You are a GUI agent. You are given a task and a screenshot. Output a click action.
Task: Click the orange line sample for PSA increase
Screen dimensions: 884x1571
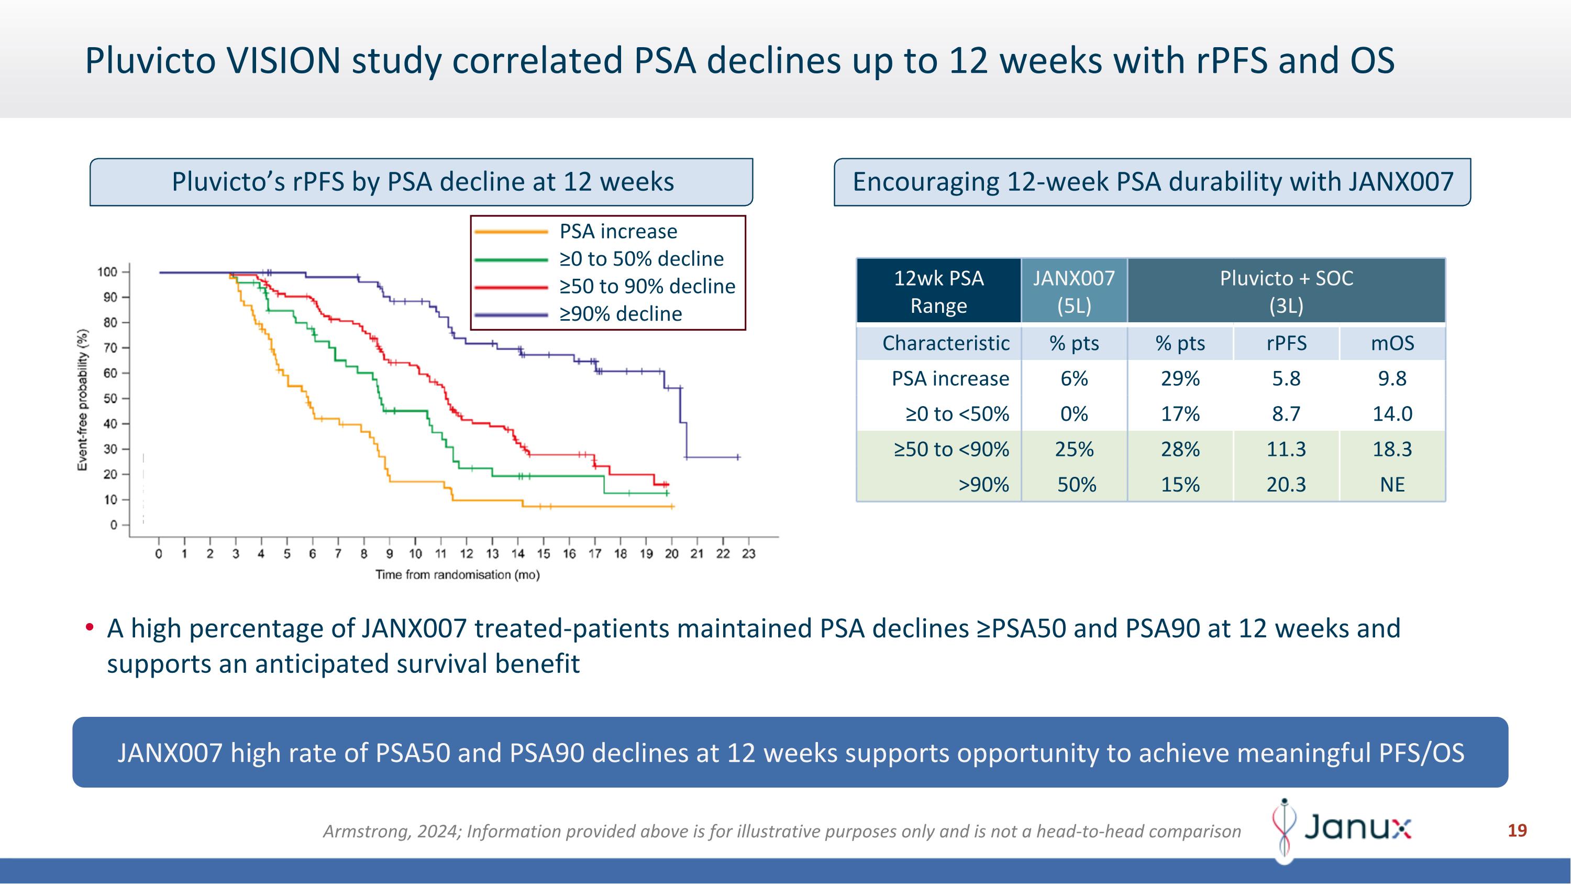coord(511,232)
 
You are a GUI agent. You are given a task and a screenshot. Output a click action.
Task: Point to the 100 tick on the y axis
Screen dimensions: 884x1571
coord(107,272)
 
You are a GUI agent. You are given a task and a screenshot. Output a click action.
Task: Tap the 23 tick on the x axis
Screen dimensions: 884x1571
coord(748,553)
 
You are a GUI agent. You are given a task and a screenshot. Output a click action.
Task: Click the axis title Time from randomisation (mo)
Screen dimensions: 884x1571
coord(457,575)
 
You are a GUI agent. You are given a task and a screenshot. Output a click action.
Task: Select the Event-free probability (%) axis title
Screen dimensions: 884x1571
coord(82,400)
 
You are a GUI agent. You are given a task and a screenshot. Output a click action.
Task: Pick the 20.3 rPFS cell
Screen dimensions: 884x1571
coord(1286,484)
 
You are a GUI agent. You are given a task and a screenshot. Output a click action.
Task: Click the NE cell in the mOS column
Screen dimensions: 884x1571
coord(1392,484)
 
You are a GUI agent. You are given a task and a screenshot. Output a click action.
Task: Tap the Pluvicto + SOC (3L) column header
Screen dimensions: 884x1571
coord(1286,291)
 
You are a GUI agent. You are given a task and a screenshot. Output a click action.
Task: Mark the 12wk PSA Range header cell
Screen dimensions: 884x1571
coord(938,291)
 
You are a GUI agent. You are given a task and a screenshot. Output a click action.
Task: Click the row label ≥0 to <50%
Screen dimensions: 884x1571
coord(957,413)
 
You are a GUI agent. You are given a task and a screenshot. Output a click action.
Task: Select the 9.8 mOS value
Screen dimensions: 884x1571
coord(1392,378)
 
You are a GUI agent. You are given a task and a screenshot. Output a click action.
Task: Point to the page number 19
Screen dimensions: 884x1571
coord(1517,831)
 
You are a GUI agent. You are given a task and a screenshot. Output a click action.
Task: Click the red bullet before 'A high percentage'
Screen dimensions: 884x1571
coord(90,627)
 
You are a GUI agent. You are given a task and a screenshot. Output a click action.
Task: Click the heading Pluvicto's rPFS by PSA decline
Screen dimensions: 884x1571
coord(422,182)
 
